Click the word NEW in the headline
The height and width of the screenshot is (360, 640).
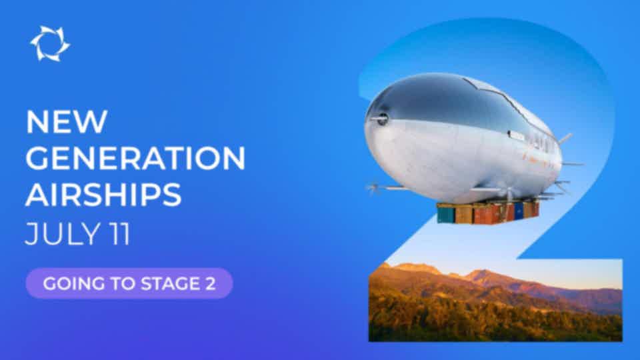[67, 121]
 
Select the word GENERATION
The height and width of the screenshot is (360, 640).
[135, 158]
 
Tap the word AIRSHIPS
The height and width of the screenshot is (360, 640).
[103, 195]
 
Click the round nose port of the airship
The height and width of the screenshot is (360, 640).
[383, 119]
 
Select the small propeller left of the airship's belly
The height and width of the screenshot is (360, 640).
[373, 189]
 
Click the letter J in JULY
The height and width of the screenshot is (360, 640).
[31, 234]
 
